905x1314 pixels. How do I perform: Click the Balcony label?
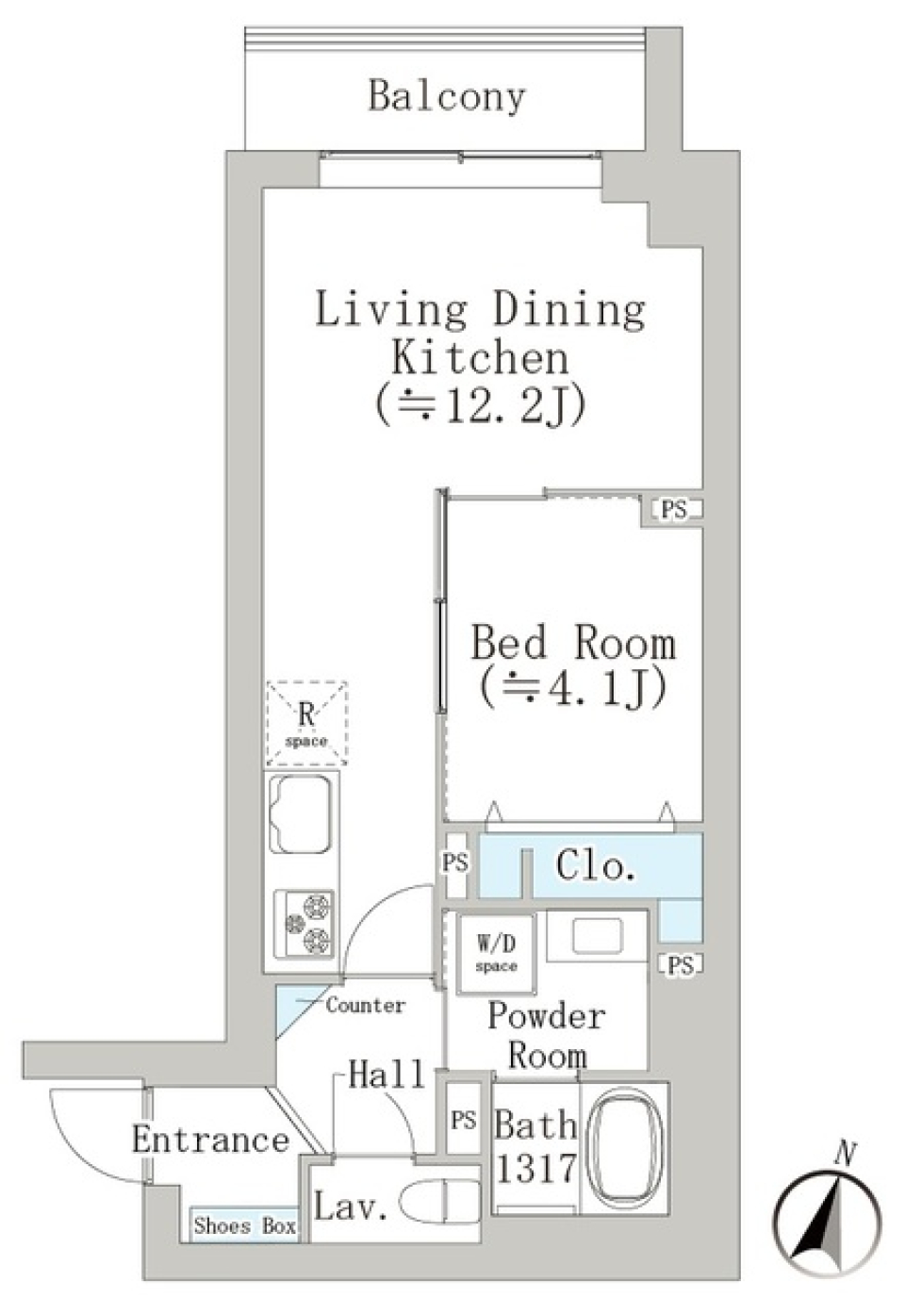tap(446, 96)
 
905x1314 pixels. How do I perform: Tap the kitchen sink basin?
tap(300, 813)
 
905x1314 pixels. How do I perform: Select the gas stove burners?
tap(304, 924)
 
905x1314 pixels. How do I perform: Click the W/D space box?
tap(496, 953)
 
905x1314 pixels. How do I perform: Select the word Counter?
tap(366, 1005)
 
